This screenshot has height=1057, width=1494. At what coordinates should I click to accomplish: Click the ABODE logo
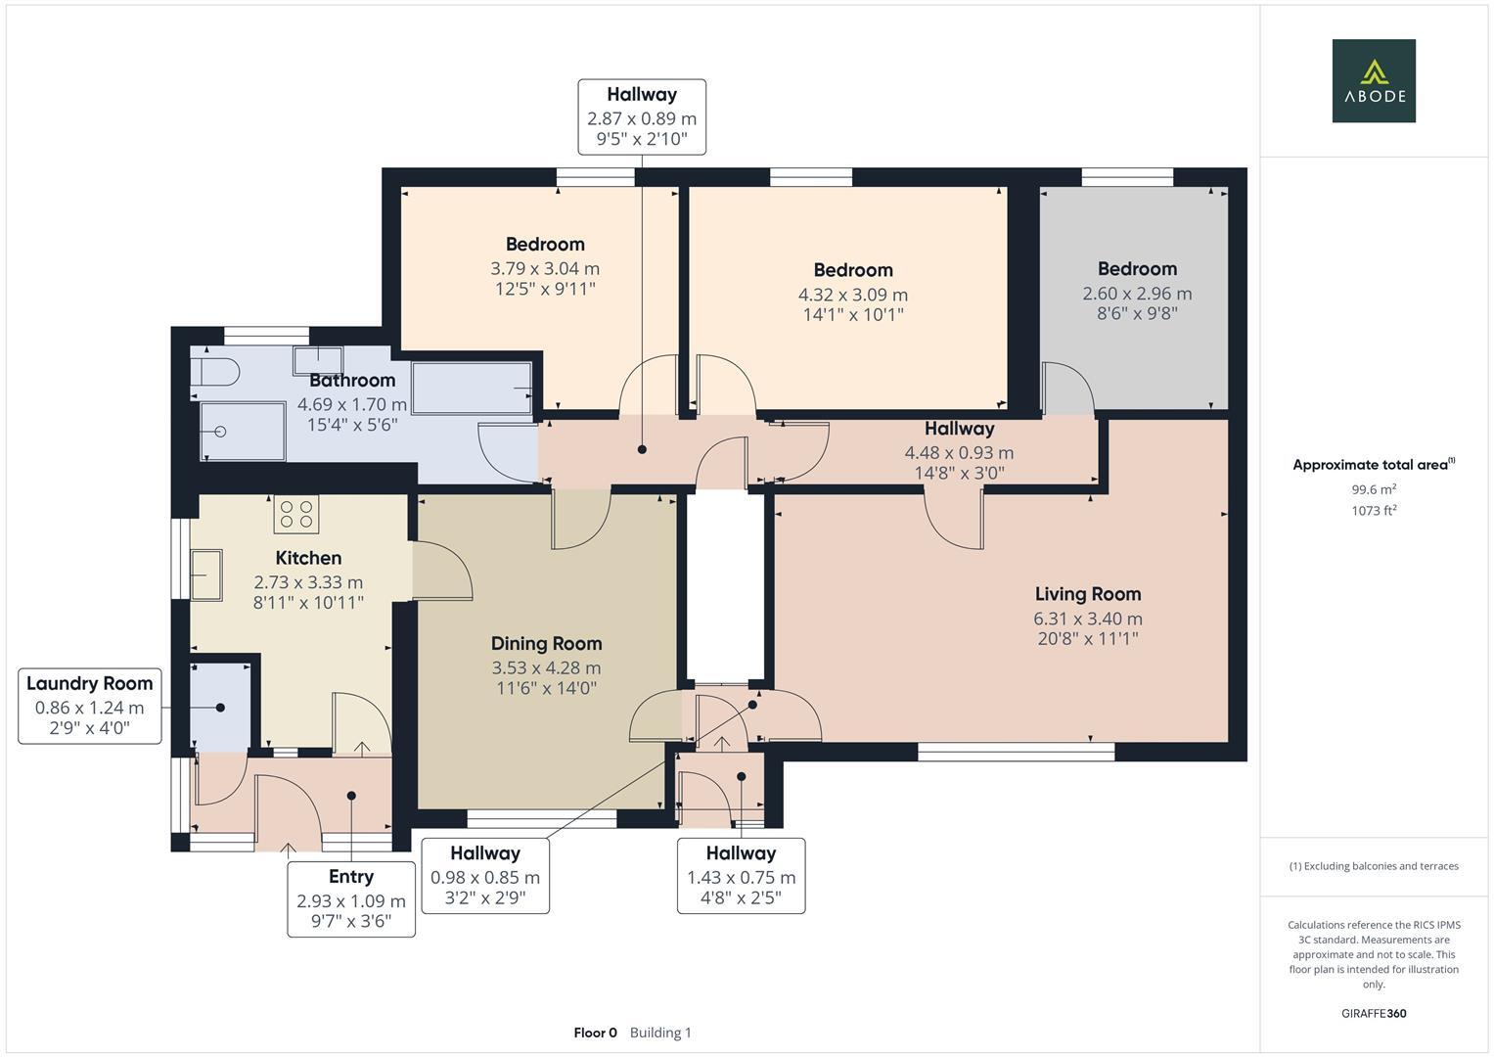click(1373, 81)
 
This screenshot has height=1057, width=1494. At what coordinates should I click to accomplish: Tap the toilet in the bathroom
click(216, 372)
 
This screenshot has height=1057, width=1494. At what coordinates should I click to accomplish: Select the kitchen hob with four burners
click(296, 515)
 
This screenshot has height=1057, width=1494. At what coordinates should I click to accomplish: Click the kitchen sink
click(206, 574)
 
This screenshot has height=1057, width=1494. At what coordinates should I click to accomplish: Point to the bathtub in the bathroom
click(472, 389)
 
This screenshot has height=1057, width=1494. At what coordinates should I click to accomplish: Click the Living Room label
click(1088, 594)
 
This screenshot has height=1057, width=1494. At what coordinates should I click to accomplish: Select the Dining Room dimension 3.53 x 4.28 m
click(546, 667)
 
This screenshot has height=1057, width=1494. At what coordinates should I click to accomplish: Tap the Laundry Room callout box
click(90, 706)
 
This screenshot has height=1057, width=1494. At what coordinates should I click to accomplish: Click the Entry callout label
click(350, 877)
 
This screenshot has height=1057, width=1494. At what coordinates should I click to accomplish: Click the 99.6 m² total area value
click(1374, 489)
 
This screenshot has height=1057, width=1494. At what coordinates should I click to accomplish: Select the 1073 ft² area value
click(1374, 510)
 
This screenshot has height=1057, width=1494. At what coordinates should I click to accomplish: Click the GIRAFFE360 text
click(1374, 1013)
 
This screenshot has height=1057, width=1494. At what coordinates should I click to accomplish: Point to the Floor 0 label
click(595, 1033)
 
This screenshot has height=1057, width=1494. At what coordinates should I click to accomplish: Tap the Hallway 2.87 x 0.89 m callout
click(642, 116)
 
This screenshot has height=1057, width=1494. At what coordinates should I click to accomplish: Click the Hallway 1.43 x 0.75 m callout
click(741, 876)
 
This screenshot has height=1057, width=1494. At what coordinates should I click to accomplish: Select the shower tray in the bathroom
click(243, 432)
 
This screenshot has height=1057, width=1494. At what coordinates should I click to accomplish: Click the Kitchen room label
click(308, 558)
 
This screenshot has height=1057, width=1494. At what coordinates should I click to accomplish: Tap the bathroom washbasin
click(317, 360)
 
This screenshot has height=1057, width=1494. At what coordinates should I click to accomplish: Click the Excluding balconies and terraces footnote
click(1374, 866)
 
